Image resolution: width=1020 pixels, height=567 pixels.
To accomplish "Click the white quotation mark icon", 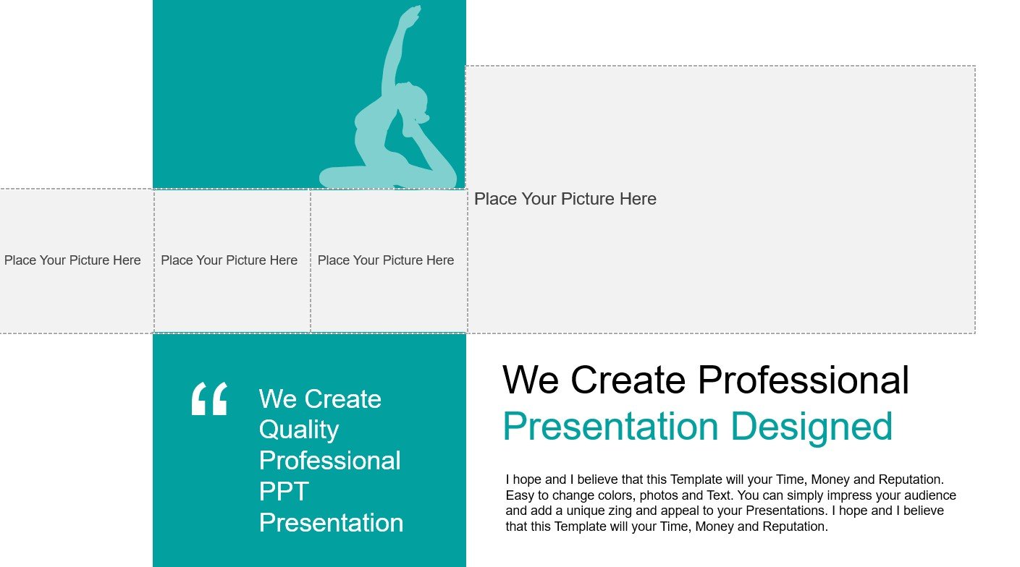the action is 209,398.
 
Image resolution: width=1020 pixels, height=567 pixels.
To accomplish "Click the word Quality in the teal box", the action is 299,430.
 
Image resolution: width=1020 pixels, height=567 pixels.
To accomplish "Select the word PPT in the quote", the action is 284,492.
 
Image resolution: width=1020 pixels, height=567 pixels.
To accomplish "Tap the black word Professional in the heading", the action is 804,380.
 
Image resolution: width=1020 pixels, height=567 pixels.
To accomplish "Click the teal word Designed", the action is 812,427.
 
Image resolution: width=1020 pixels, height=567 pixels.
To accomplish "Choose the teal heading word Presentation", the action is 611,427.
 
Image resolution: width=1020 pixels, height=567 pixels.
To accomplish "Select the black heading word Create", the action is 628,380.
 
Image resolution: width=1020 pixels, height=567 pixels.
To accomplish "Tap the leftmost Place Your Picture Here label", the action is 72,260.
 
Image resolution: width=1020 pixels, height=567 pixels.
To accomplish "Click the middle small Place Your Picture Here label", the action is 229,260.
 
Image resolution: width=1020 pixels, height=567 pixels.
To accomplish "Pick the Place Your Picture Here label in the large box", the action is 565,199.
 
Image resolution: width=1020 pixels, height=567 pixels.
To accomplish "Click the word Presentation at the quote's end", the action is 331,523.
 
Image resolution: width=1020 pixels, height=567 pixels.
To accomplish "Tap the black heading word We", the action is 531,380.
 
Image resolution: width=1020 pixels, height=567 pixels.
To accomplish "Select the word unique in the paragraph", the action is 585,511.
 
